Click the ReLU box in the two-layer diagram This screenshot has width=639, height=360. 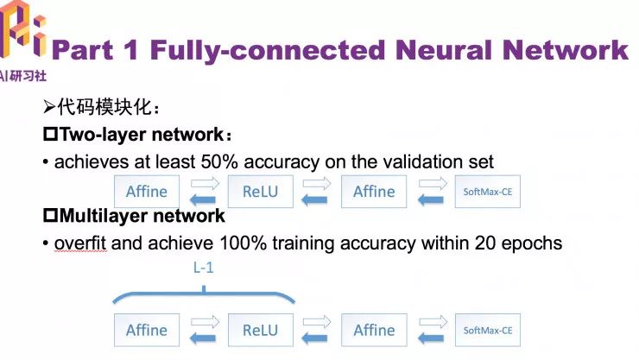[261, 191]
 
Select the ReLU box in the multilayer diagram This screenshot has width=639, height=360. [261, 330]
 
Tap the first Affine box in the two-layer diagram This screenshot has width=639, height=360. [147, 191]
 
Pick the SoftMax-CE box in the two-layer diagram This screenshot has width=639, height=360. [488, 192]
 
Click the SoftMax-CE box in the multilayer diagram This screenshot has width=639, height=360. [488, 330]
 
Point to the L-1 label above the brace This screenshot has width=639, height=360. [203, 268]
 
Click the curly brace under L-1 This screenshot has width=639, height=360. [203, 294]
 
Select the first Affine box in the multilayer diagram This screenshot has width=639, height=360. [147, 330]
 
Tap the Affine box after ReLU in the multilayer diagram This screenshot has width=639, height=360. [374, 330]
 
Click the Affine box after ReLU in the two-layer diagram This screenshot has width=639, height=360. [374, 191]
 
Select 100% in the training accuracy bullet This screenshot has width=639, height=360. [263, 243]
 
